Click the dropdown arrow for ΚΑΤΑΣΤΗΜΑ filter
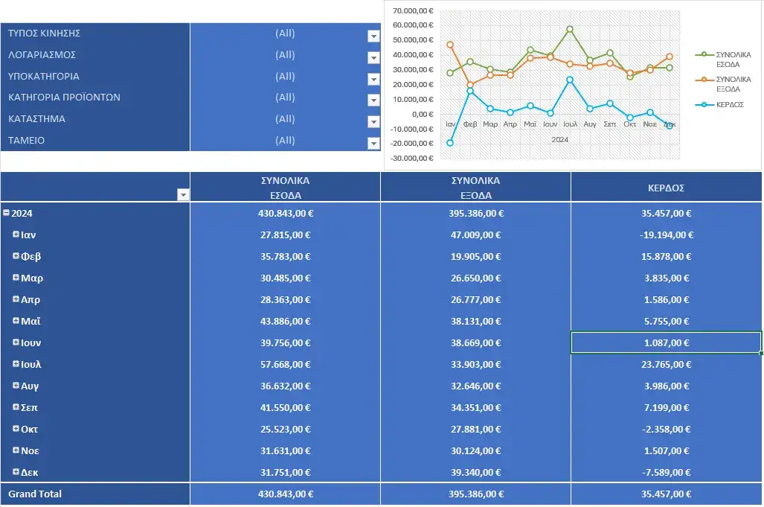(x=373, y=121)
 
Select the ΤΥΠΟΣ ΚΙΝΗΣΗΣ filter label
(x=45, y=34)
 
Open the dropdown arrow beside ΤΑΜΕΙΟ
(x=373, y=143)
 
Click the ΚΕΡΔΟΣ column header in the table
(x=666, y=188)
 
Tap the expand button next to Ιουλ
(x=16, y=364)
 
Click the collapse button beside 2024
(x=6, y=213)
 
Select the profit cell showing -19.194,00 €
(x=666, y=235)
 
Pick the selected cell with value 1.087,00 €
(x=666, y=343)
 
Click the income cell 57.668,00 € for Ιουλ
(x=285, y=365)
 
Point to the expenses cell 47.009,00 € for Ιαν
(x=475, y=235)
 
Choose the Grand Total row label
(x=35, y=494)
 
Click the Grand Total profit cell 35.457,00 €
(x=666, y=494)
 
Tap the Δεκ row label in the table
(x=31, y=473)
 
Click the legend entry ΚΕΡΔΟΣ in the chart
(x=729, y=105)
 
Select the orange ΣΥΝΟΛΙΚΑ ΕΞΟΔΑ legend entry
(x=732, y=84)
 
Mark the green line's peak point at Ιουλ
(x=570, y=29)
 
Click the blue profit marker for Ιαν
(x=450, y=143)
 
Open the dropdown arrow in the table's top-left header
(x=182, y=195)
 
